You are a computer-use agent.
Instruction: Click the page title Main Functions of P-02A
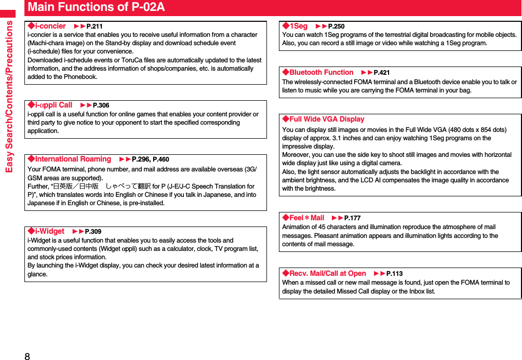(96, 7)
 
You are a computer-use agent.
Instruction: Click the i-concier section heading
(47, 26)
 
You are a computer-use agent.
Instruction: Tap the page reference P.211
(94, 26)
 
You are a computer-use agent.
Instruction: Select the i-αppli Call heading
(50, 105)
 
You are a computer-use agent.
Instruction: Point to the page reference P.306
(101, 105)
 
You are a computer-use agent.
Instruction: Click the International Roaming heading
(70, 159)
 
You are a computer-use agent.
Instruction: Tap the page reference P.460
(160, 159)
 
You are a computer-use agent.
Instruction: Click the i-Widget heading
(46, 231)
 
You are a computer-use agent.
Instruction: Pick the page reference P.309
(93, 232)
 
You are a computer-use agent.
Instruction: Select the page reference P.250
(336, 26)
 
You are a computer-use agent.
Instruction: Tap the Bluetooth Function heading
(318, 72)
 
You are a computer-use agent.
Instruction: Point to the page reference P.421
(382, 73)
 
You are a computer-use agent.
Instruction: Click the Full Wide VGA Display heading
(323, 119)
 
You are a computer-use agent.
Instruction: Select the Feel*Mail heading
(303, 218)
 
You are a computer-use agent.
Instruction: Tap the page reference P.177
(352, 218)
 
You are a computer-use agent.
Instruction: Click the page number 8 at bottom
(27, 356)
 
